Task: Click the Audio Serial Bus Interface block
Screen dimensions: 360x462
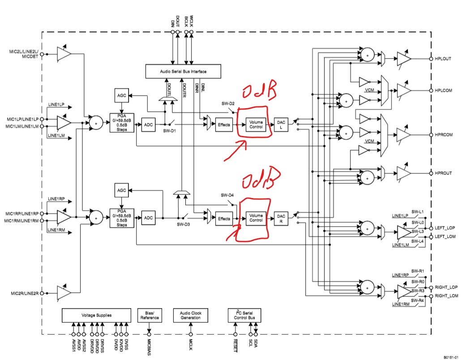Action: [x=184, y=71]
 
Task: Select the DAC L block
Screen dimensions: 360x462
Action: [x=281, y=124]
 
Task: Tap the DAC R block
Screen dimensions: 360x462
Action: [x=281, y=218]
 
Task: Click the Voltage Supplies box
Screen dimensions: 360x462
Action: [x=97, y=315]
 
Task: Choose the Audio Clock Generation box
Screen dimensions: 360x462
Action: [x=191, y=315]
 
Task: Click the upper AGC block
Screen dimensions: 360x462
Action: [x=122, y=95]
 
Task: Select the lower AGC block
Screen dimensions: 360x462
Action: [x=122, y=190]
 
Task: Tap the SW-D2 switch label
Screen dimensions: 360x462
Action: [x=228, y=103]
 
